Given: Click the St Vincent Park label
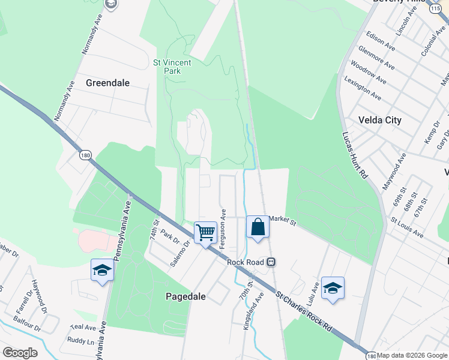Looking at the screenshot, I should click(x=172, y=66).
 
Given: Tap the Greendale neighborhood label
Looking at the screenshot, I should click(x=108, y=83).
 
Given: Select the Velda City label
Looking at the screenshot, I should click(x=379, y=120).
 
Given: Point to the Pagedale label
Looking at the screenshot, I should click(x=185, y=296).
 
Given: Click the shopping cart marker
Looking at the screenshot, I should click(x=205, y=232).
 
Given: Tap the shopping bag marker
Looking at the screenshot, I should click(x=258, y=227).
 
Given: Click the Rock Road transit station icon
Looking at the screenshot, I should click(x=271, y=262).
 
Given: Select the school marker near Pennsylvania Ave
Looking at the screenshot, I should click(x=102, y=271).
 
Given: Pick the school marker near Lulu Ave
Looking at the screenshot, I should click(x=333, y=287).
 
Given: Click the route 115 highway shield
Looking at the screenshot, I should click(x=435, y=10).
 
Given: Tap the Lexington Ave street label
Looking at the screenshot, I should click(x=362, y=88).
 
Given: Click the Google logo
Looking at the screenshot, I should click(x=20, y=353).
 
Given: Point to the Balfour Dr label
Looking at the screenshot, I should click(x=28, y=329).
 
